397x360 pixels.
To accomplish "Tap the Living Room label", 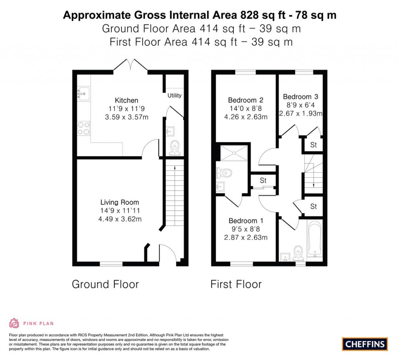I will (x=119, y=202).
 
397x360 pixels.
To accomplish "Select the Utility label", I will (x=174, y=95).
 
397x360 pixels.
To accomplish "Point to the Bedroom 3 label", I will (x=300, y=97).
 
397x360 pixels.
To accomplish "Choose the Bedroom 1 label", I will (x=243, y=221).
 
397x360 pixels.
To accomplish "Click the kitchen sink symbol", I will (x=84, y=93).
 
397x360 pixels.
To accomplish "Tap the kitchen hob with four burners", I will (x=84, y=129).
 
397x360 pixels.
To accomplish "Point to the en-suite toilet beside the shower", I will (x=224, y=172).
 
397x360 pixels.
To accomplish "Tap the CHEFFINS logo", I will (x=365, y=344).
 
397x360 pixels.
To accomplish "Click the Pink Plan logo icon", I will (x=14, y=323).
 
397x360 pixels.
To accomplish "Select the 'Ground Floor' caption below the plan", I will (x=105, y=284).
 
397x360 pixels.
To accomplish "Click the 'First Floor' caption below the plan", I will (x=236, y=284).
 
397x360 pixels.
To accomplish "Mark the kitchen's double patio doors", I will (x=130, y=65).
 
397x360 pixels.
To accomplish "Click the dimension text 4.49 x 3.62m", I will (x=119, y=219).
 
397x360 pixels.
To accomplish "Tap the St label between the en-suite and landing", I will (x=263, y=180).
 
